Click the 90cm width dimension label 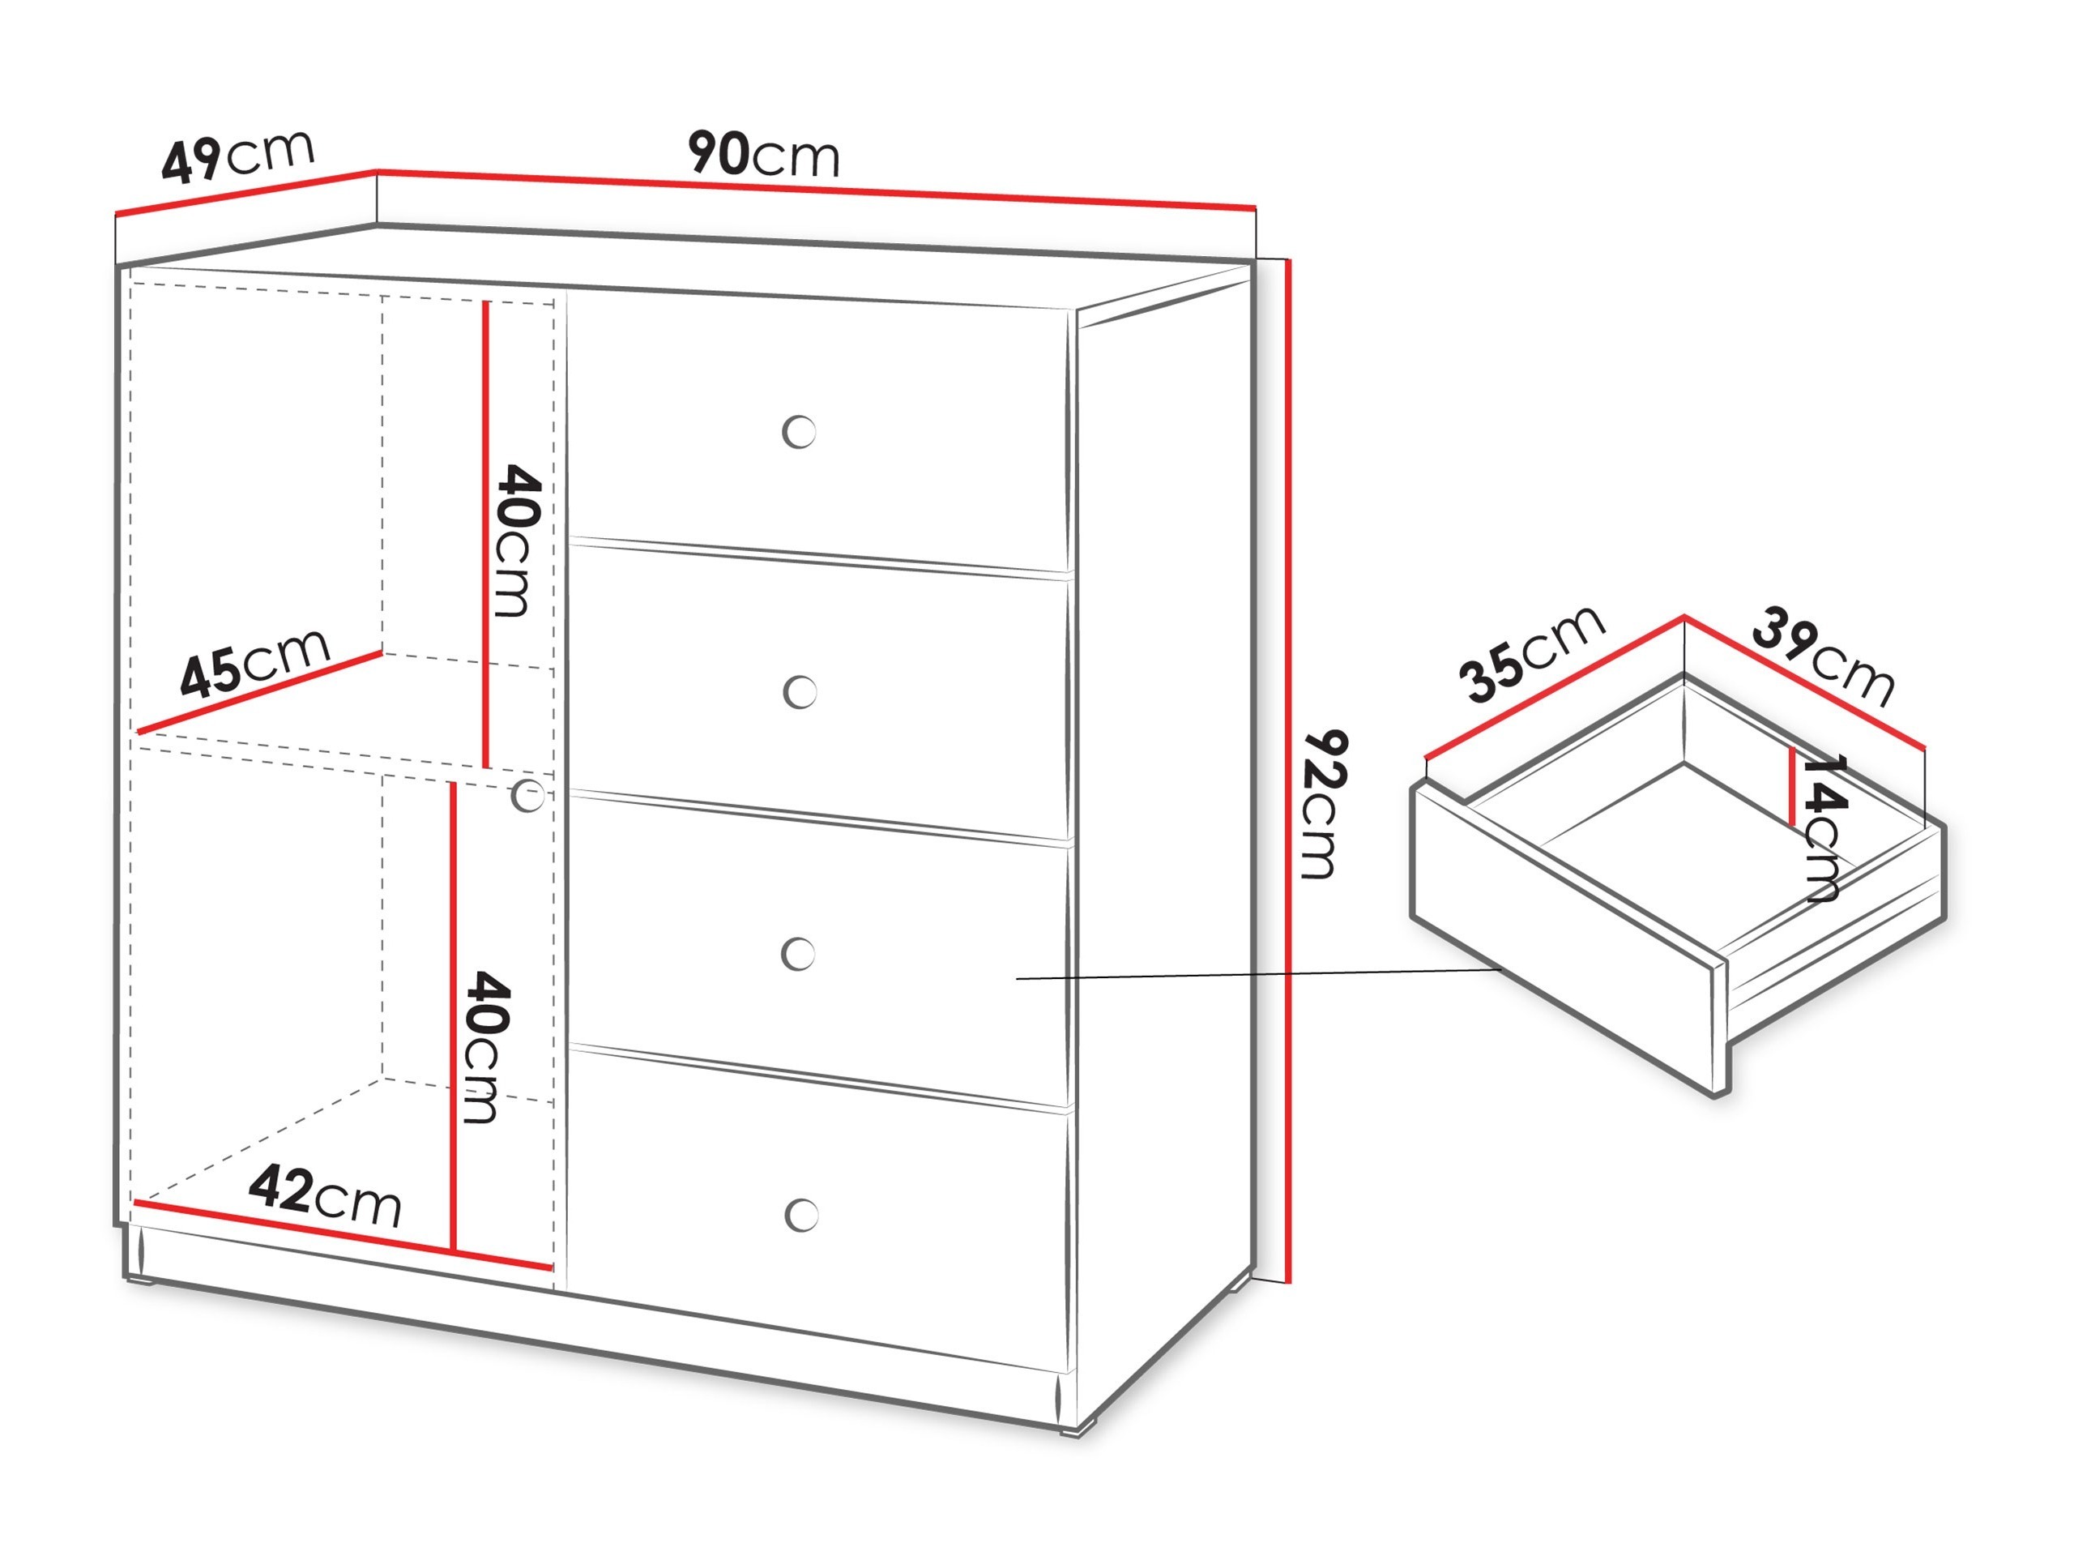(x=763, y=155)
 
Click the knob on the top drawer (x=799, y=433)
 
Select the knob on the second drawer (x=800, y=693)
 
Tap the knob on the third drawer (x=799, y=954)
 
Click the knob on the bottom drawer (x=802, y=1215)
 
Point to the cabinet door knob (x=529, y=797)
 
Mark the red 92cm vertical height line (x=1291, y=769)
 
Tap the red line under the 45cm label (x=261, y=692)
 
